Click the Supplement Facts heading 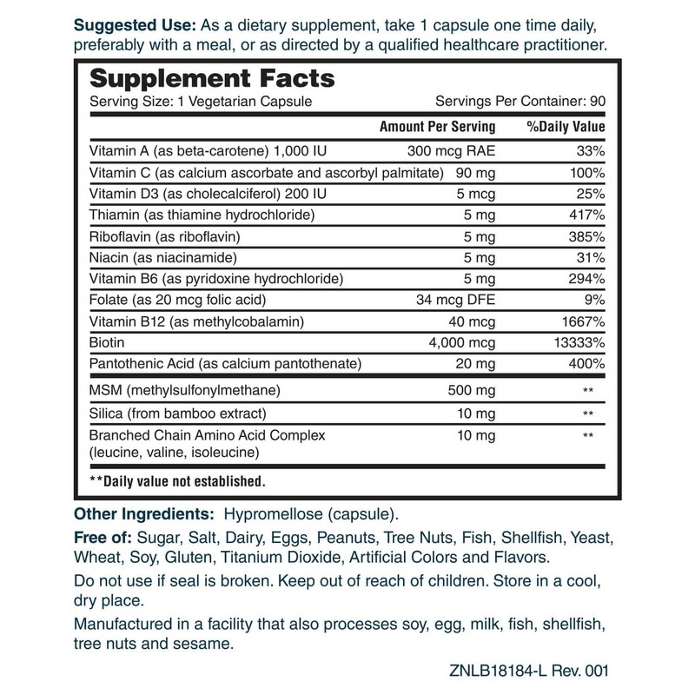pyautogui.click(x=213, y=78)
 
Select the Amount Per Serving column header pyautogui.click(x=438, y=127)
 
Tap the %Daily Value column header pyautogui.click(x=566, y=127)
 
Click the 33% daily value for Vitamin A pyautogui.click(x=591, y=149)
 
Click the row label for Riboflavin pyautogui.click(x=158, y=236)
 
